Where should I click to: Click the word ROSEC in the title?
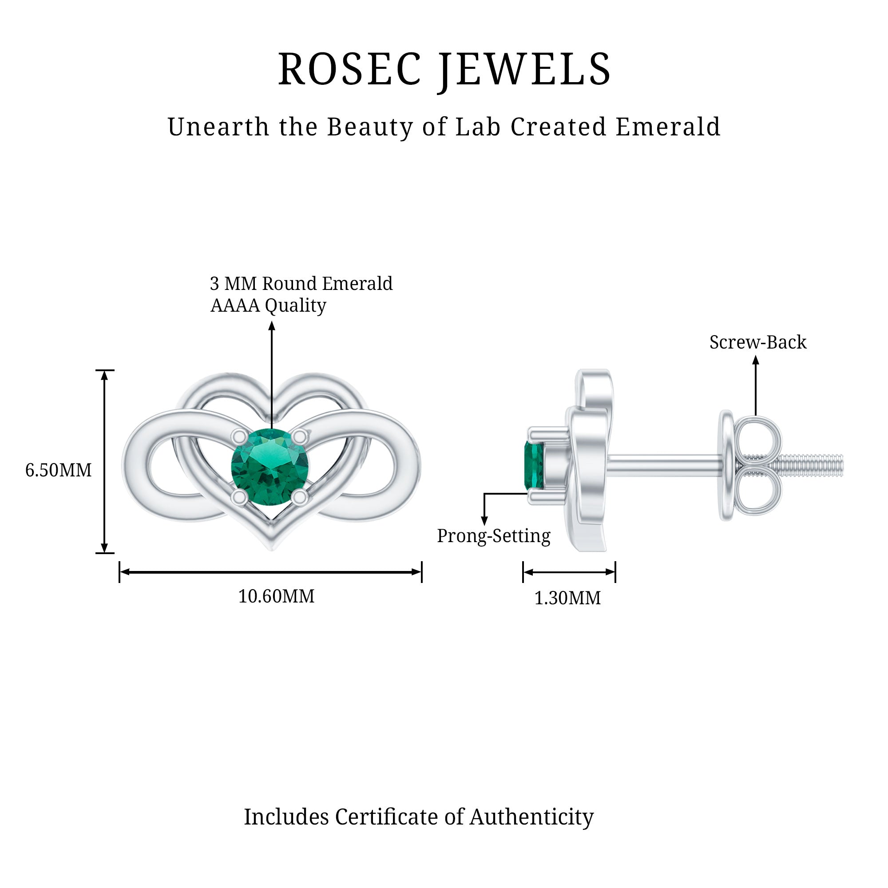[349, 70]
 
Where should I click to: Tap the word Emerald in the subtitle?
[667, 127]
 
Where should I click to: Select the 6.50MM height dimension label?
[58, 470]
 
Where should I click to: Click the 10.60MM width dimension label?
[276, 596]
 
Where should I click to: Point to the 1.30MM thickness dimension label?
[567, 598]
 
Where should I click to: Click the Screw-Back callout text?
[757, 342]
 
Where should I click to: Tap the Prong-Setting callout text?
[493, 536]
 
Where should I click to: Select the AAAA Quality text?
[269, 305]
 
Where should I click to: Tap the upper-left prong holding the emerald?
[238, 436]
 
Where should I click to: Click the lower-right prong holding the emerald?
[300, 497]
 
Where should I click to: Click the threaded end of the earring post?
[813, 465]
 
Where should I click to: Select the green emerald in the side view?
[534, 465]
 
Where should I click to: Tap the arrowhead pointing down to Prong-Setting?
[484, 520]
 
